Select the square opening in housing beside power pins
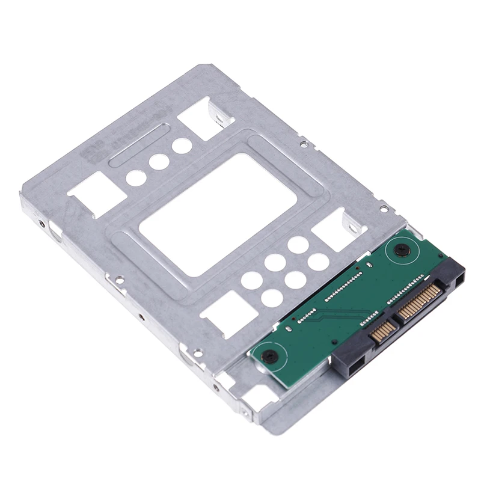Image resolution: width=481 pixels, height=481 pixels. tap(459, 278)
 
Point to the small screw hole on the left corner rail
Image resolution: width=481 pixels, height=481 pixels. tap(41, 223)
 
